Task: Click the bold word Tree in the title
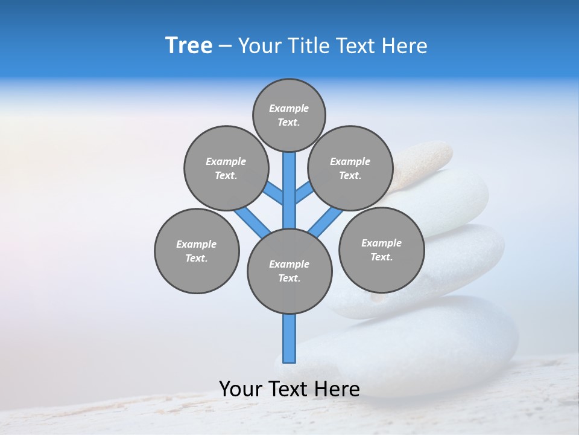(x=189, y=46)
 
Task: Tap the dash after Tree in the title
(x=225, y=47)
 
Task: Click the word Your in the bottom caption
(x=241, y=389)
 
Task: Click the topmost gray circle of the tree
(x=289, y=115)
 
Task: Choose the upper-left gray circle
(x=226, y=168)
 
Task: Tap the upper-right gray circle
(x=350, y=168)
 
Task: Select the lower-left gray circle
(x=197, y=251)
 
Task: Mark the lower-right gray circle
(x=381, y=250)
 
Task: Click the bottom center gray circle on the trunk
(x=289, y=271)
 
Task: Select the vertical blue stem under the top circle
(x=289, y=187)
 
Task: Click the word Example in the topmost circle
(x=289, y=108)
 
